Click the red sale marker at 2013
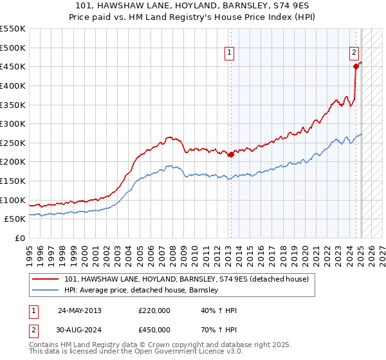[230, 154]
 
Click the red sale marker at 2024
[355, 66]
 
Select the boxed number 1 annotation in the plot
[230, 53]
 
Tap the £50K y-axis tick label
[15, 219]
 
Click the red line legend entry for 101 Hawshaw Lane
[187, 279]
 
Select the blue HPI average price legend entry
[142, 291]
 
